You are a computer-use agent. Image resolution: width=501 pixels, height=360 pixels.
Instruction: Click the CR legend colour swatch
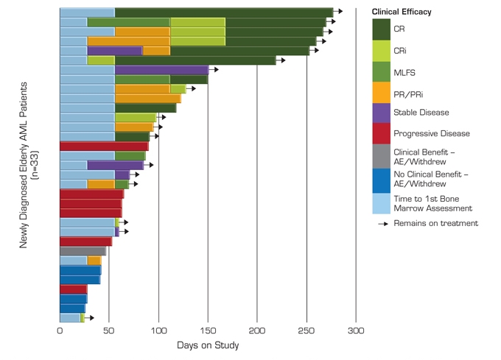click(381, 29)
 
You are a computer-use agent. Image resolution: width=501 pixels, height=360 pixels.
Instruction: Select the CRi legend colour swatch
click(381, 50)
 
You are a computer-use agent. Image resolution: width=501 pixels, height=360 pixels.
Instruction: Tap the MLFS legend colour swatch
click(381, 71)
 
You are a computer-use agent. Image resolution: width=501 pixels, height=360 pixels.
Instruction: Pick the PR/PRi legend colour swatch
click(381, 92)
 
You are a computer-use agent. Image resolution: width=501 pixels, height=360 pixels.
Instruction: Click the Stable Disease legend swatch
click(381, 113)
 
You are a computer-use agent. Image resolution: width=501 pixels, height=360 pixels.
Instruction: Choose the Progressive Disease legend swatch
click(381, 134)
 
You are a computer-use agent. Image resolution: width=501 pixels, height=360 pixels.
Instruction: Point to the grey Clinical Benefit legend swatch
click(381, 155)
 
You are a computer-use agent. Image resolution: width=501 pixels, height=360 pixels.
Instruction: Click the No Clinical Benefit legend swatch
click(381, 176)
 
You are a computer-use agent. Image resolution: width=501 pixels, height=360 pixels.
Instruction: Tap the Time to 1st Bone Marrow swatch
click(381, 197)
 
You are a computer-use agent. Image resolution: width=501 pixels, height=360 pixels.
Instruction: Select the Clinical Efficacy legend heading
click(402, 13)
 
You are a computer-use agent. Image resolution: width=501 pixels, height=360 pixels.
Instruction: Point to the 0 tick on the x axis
click(60, 330)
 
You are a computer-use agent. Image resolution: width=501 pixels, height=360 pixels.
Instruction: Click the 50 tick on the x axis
click(109, 330)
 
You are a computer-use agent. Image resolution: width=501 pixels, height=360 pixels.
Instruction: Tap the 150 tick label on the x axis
click(208, 330)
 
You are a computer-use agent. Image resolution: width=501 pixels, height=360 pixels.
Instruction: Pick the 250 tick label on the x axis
click(306, 330)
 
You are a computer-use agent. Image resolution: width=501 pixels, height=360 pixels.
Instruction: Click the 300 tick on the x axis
click(356, 330)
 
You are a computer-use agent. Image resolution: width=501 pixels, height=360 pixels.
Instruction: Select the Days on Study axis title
click(208, 345)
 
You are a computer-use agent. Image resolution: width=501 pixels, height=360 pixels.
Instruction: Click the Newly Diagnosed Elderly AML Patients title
click(29, 169)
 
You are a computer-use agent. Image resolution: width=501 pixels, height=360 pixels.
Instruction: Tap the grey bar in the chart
click(83, 251)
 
